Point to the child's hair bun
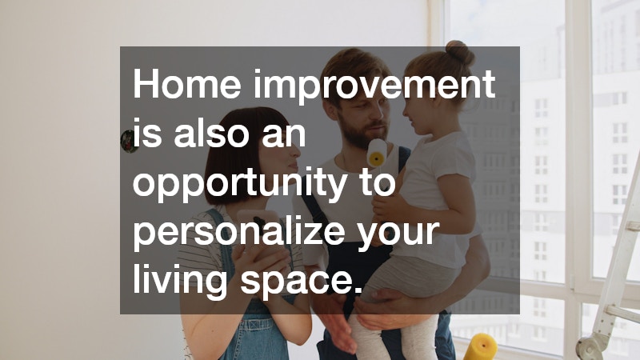(458, 54)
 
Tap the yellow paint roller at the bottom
(480, 346)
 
